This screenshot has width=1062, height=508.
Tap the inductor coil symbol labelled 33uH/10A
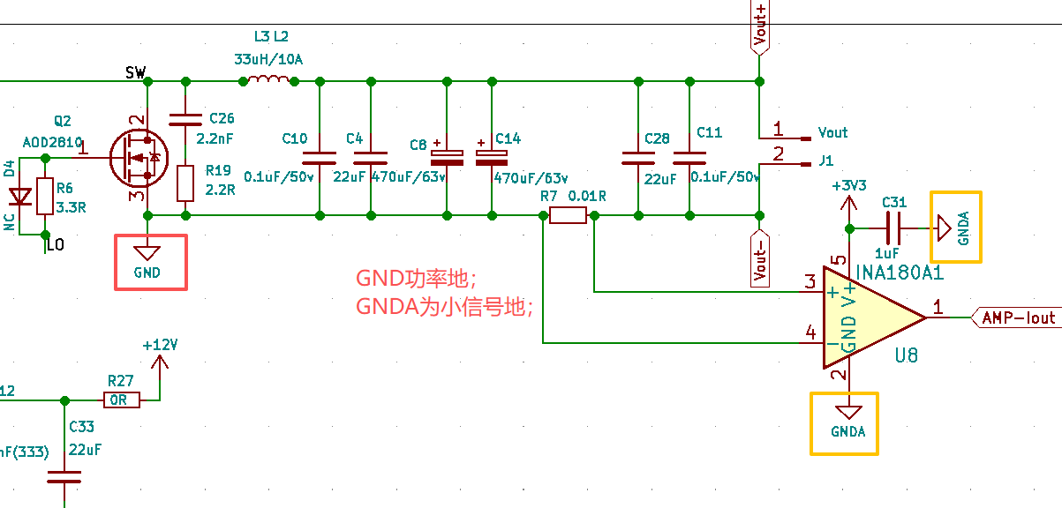click(x=267, y=81)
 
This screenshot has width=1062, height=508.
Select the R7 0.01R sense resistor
click(x=568, y=215)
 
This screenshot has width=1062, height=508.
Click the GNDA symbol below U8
click(x=848, y=422)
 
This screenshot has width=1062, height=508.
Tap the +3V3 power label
click(x=848, y=187)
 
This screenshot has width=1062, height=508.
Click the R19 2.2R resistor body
click(x=185, y=183)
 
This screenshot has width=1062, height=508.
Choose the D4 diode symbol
click(x=19, y=199)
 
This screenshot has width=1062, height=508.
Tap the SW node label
click(x=135, y=72)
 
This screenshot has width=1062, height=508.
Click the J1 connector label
click(x=826, y=161)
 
